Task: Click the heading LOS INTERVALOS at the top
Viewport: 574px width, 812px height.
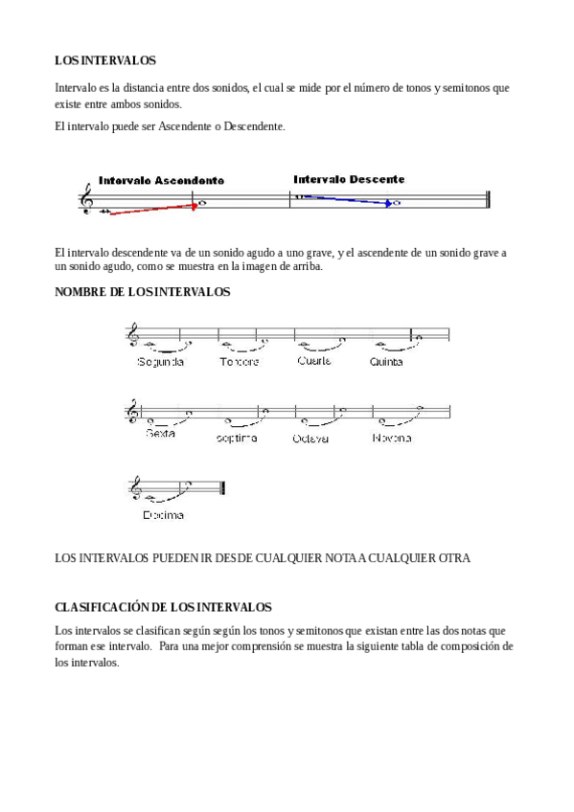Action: tap(105, 60)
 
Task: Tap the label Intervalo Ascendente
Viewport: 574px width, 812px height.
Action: tap(161, 181)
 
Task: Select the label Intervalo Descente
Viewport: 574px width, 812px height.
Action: tap(349, 179)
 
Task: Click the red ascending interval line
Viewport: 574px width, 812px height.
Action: tap(152, 209)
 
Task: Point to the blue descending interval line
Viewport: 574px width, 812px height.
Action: tap(346, 199)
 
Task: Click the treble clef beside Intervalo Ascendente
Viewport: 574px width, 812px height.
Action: tap(89, 199)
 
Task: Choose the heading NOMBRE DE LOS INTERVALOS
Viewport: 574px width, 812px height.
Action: tap(143, 292)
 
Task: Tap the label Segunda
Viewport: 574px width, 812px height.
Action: tap(160, 362)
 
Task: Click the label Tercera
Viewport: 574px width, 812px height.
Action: tap(239, 362)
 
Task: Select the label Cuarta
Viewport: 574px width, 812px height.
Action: tap(314, 361)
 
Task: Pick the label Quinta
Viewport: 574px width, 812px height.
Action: tap(386, 362)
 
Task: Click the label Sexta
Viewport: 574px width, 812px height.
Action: tap(161, 435)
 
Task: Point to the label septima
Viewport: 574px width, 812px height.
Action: tap(237, 438)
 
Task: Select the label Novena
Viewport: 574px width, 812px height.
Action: tap(392, 438)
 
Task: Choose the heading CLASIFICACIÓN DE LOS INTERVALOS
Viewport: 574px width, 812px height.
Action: tap(163, 607)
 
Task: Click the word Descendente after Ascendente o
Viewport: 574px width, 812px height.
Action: tap(253, 126)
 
